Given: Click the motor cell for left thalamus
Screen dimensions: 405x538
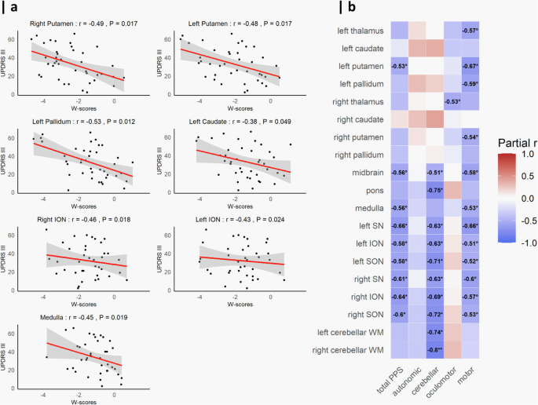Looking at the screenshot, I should [x=471, y=31].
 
